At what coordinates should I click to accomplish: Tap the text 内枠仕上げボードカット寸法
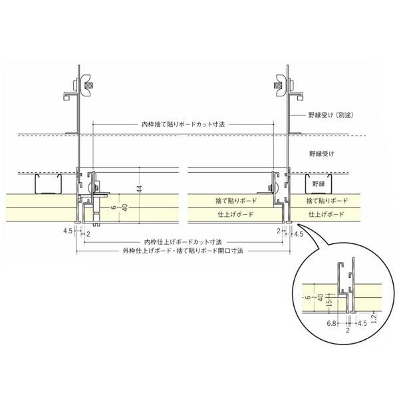[x=183, y=242]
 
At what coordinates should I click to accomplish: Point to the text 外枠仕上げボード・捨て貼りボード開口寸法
[x=184, y=252]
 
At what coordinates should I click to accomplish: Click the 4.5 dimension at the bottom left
[x=67, y=233]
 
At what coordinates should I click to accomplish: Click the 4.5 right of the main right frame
[x=299, y=233]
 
